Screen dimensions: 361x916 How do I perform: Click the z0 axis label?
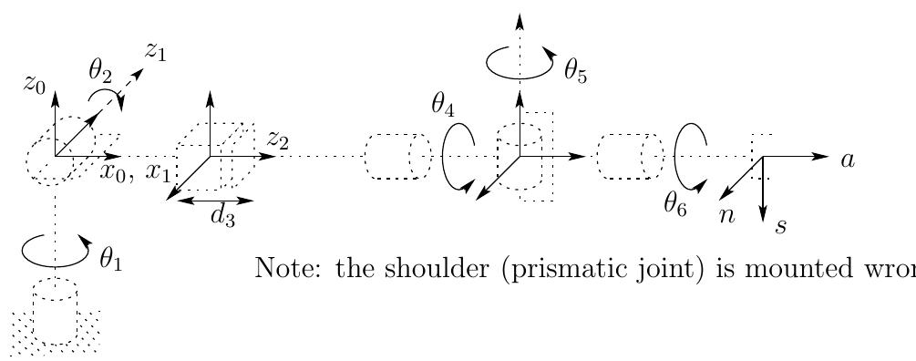click(x=35, y=86)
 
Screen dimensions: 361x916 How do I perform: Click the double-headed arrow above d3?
click(x=213, y=198)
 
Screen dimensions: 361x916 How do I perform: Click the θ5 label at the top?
click(x=575, y=72)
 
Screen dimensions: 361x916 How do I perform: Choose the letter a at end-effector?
click(x=847, y=160)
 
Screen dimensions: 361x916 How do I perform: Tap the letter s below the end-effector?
click(x=781, y=225)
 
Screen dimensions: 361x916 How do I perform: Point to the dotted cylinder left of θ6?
click(x=629, y=157)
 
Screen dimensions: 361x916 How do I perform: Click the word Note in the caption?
click(x=278, y=268)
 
